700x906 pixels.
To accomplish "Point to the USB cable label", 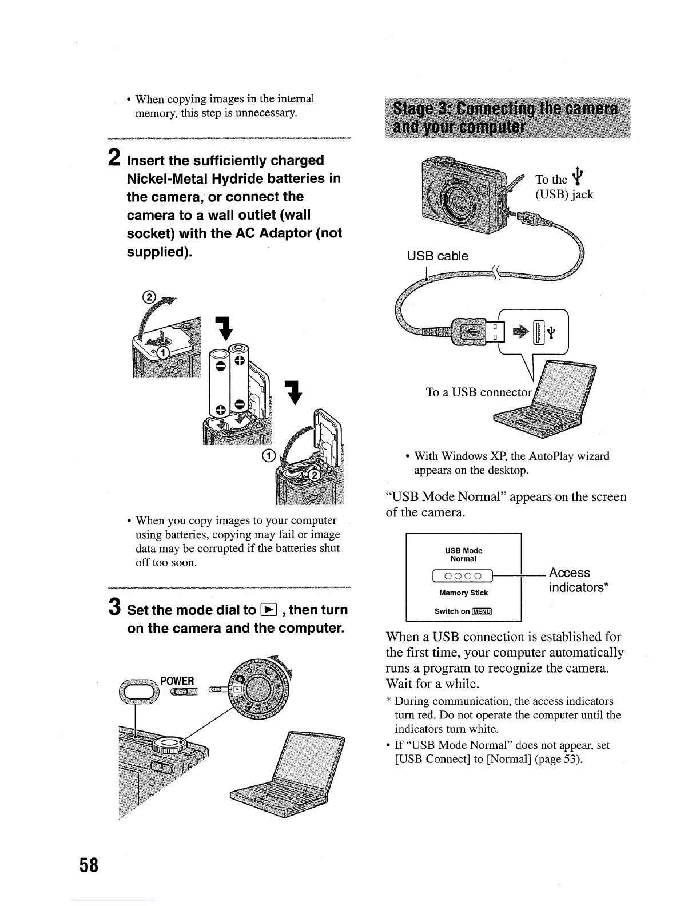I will point(437,256).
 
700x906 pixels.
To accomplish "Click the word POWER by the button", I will point(177,681).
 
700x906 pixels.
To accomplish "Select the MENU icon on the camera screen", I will point(482,611).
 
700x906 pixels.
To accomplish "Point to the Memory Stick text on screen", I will point(463,593).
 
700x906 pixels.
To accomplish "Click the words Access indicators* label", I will point(578,580).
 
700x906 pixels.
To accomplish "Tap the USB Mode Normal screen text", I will point(463,555).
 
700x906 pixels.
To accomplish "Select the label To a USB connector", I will point(479,392).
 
